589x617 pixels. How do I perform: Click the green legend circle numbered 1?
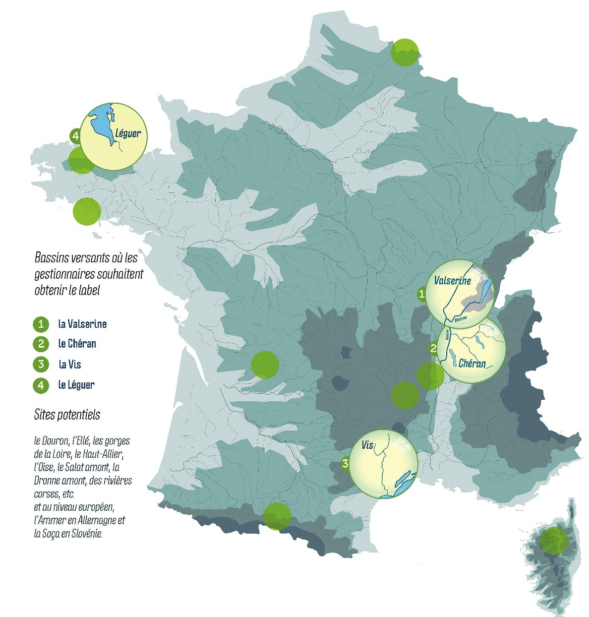[x=41, y=324]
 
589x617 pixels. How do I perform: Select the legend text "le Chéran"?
[x=77, y=344]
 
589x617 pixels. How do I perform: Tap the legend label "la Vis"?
[x=69, y=365]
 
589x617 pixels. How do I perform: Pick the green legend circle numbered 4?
[x=41, y=385]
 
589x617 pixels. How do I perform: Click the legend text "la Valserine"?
[x=82, y=324]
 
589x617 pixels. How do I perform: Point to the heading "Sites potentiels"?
[x=67, y=415]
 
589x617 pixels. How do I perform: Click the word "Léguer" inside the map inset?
[x=128, y=133]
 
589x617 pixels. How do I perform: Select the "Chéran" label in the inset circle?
[x=472, y=363]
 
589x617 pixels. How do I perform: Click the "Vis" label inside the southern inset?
[x=367, y=445]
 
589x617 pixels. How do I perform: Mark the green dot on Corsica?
[x=554, y=540]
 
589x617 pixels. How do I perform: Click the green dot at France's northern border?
[x=405, y=52]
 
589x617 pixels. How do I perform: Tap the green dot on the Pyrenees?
[x=277, y=516]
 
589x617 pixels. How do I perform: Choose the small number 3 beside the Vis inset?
[x=345, y=464]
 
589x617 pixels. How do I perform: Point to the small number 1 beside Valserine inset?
[x=421, y=294]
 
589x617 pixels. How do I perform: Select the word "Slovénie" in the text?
[x=87, y=534]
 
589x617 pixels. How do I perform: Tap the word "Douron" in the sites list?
[x=56, y=440]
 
